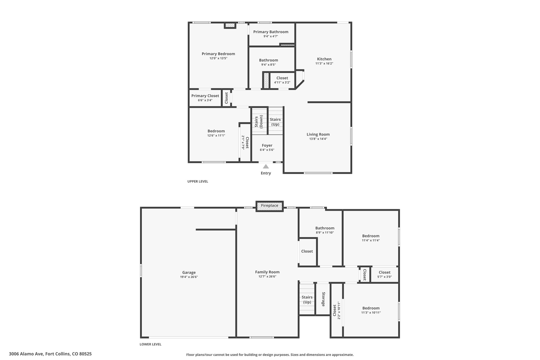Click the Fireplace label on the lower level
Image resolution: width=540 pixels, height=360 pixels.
coord(269,206)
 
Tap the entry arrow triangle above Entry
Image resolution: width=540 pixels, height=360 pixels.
coord(266,166)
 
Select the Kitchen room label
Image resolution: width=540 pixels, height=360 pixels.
coord(324,59)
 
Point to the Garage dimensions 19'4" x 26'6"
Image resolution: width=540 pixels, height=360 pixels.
coord(189,277)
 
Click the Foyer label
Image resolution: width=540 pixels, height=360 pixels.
coord(267,145)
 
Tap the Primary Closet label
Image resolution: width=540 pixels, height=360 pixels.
coord(205,96)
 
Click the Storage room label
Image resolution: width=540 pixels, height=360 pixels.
coord(323,299)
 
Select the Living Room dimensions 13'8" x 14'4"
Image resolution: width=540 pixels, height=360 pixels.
coord(318,139)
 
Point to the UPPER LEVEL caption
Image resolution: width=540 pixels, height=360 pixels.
coord(198,181)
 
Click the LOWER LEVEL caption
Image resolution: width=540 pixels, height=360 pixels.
coord(151,344)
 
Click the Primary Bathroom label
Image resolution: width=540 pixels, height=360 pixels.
coord(271,32)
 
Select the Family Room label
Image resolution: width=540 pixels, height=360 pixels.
coord(267,272)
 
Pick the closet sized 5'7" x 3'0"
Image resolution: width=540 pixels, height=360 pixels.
coord(384,274)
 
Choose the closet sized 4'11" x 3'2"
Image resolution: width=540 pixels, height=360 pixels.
coord(282,80)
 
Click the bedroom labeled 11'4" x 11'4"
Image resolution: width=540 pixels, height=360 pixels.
coord(371,238)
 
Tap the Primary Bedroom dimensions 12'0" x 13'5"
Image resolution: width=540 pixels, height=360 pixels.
coord(218,58)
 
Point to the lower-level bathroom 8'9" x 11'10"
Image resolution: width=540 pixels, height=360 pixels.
coord(325,230)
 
